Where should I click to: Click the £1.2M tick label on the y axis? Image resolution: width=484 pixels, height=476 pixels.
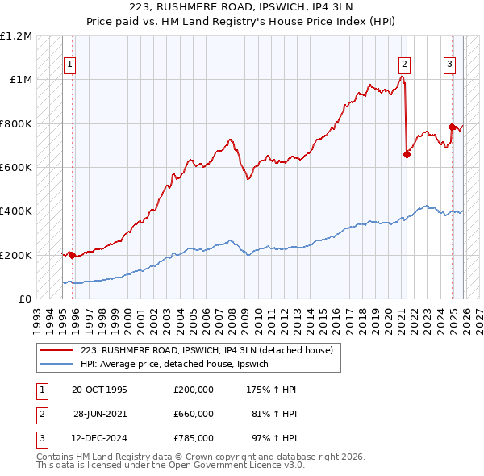pos(16,36)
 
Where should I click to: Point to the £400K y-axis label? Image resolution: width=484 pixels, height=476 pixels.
pos(16,211)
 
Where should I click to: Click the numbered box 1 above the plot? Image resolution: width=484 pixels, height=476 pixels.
pos(70,65)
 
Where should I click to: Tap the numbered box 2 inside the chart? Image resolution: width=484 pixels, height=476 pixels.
pos(403,65)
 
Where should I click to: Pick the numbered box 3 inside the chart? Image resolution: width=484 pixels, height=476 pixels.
pos(449,65)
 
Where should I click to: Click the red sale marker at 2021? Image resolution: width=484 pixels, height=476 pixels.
pos(407,155)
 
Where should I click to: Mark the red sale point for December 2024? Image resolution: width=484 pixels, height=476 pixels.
pos(452,127)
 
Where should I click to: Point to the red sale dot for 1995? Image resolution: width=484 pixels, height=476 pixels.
pos(73,255)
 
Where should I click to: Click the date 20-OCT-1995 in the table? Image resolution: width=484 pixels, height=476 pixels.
pos(99,390)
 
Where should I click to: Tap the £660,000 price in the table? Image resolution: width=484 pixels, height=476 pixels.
pos(194,414)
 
